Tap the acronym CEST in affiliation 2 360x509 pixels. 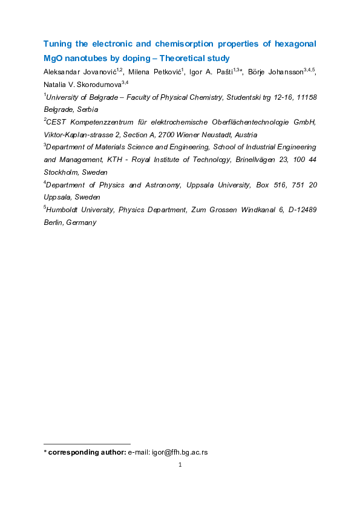[57, 123]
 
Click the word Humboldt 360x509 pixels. [65, 210]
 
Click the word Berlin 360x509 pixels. [55, 222]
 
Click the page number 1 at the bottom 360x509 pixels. [180, 465]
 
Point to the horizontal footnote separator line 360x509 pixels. [88, 444]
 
